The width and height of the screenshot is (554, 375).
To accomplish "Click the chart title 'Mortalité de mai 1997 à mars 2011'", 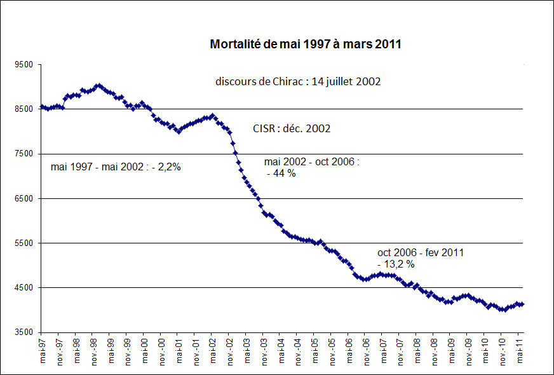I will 305,45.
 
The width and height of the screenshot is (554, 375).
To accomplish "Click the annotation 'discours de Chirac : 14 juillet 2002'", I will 298,81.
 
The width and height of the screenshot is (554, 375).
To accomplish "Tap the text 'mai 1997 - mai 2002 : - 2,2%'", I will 116,168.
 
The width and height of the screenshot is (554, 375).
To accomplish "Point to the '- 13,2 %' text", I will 396,264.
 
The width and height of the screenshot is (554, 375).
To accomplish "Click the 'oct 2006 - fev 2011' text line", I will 420,252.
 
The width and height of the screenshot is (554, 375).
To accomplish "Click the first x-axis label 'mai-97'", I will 41,348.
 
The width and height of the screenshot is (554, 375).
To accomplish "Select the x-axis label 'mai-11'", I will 518,348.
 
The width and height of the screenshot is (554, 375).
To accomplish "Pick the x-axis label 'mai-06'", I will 348,348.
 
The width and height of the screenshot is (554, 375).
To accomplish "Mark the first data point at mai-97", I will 41,107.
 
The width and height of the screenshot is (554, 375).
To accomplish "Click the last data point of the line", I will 522,304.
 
